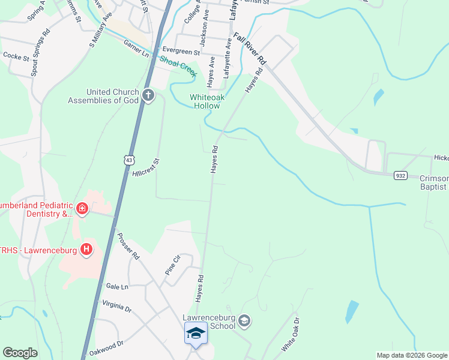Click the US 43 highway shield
point(129,160)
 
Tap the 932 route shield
point(401,175)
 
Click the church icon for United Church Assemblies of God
point(148,95)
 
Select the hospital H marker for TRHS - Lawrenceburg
point(87,249)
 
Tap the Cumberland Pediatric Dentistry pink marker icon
point(82,209)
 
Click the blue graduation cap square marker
point(196,333)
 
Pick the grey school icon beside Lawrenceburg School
point(244,321)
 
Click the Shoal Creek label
point(178,65)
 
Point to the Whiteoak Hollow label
point(205,101)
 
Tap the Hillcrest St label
point(147,169)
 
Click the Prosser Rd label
point(128,246)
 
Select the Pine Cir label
point(172,265)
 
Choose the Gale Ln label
point(116,287)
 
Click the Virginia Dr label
point(116,308)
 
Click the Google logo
point(20,353)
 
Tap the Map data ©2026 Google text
point(412,355)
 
